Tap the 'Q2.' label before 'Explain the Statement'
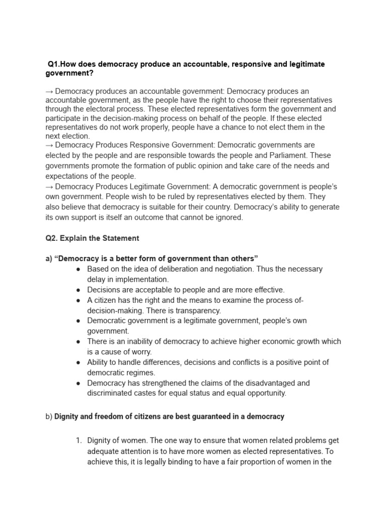click(x=52, y=238)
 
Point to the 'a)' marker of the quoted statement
click(x=49, y=259)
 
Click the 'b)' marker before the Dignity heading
click(x=49, y=417)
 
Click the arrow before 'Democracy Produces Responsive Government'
click(x=49, y=145)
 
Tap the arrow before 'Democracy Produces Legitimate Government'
click(x=49, y=187)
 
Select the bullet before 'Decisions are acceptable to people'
click(x=79, y=290)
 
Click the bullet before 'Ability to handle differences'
click(x=79, y=362)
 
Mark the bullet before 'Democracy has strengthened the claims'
click(x=79, y=383)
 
